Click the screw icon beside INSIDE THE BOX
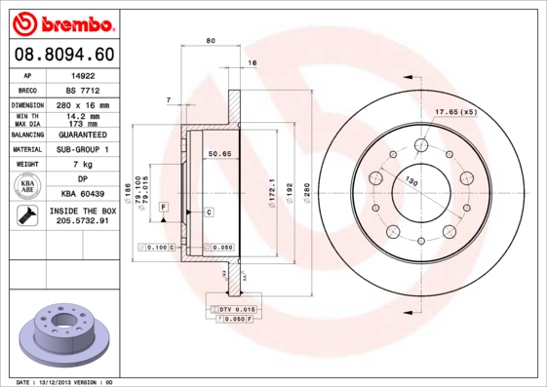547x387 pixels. pos(28,217)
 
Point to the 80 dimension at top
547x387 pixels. pos(211,40)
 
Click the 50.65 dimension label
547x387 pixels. pos(218,153)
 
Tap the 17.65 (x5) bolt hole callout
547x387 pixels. pos(454,113)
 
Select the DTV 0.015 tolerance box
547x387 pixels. pos(235,309)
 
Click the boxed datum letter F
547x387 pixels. pos(164,208)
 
